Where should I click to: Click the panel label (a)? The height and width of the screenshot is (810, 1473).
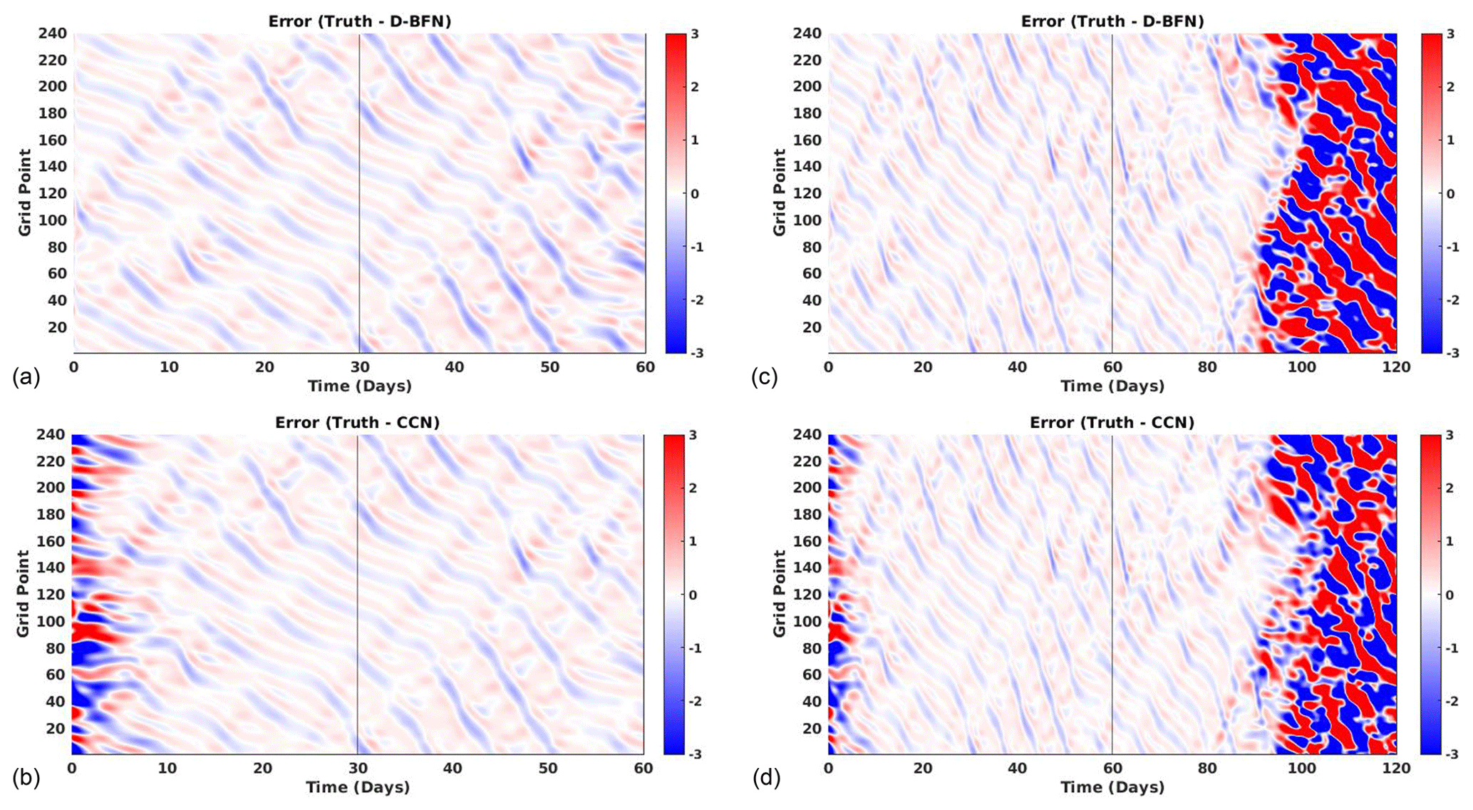point(26,376)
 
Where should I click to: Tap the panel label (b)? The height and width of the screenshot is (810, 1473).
point(26,778)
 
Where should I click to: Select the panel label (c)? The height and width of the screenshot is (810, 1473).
point(764,376)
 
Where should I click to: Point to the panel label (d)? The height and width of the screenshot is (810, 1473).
point(766,778)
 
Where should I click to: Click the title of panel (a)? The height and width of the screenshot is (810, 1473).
point(359,21)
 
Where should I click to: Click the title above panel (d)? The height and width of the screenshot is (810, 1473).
point(1112,423)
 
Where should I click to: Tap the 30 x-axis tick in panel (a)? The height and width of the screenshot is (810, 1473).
point(360,367)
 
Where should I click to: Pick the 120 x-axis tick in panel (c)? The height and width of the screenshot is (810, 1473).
point(1396,367)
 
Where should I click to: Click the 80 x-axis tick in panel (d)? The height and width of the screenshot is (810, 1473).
point(1206,769)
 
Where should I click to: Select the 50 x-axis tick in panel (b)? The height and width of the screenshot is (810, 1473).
point(548,769)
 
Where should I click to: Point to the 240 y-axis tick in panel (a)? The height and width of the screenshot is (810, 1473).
point(53,34)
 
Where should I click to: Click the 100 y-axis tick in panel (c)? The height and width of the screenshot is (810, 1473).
point(807,220)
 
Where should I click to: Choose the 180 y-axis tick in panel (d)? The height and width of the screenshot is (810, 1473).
point(807,515)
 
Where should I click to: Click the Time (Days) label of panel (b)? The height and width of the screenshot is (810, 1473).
point(358,787)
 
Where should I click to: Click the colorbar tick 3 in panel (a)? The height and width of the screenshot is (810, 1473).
point(695,34)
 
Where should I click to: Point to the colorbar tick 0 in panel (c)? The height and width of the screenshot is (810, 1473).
point(1449,193)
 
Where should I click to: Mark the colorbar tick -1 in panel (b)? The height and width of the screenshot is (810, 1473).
point(693,648)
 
